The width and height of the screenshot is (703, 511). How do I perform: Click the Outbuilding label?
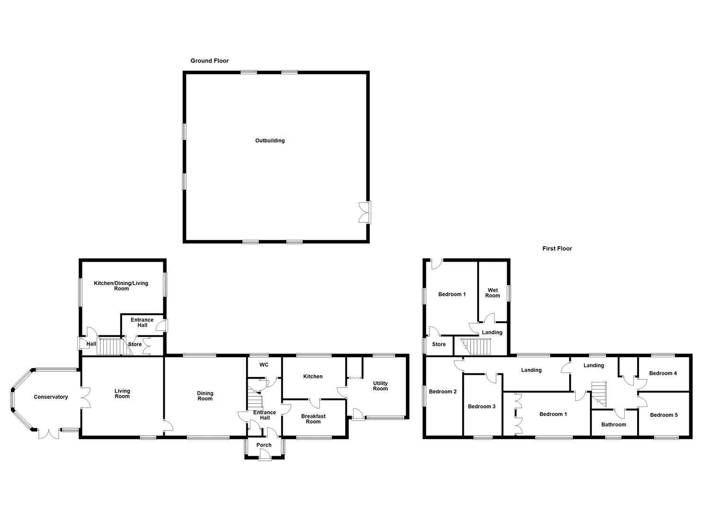270,141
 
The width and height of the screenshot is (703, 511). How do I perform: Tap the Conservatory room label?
51,397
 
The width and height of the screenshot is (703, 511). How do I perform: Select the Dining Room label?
205,396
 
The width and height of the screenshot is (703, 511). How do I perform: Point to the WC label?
264,365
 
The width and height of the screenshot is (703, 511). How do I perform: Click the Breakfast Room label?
313,419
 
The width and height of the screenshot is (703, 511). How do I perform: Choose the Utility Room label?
380,386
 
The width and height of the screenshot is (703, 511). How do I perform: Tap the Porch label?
264,445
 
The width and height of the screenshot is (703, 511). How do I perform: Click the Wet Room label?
492,293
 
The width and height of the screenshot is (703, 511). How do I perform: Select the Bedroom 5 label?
663,415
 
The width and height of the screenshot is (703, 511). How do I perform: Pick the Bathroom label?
614,424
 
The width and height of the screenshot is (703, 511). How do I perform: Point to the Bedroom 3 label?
481,406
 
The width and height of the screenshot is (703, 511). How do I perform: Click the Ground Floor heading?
209,61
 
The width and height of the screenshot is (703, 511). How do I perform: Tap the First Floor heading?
557,248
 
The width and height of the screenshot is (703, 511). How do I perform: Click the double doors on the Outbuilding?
365,212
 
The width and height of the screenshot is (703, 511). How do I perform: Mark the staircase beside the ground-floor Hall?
110,347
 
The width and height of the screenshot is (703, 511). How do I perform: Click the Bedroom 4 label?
663,373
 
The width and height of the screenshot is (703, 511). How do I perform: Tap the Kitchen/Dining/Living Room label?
121,286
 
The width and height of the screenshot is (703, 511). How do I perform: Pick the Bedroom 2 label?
443,391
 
